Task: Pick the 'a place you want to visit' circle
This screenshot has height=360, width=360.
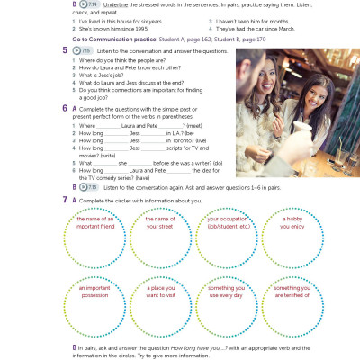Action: click(x=160, y=308)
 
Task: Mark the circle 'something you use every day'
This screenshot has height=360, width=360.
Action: click(x=227, y=308)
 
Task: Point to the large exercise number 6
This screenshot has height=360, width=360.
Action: click(x=66, y=108)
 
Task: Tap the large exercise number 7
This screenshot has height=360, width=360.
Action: click(x=66, y=199)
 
